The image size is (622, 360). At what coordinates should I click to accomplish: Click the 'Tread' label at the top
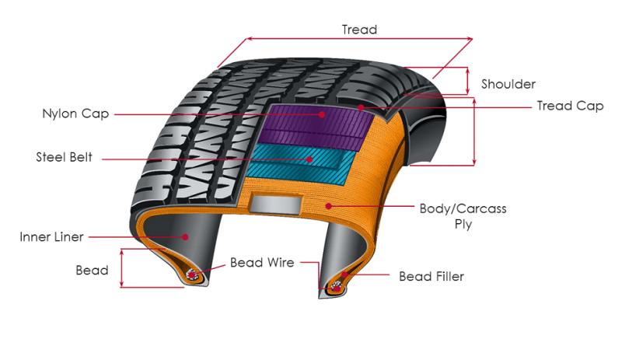tap(359, 30)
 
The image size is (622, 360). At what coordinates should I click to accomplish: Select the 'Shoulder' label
tap(508, 84)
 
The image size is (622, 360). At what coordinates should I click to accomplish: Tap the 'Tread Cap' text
tap(570, 106)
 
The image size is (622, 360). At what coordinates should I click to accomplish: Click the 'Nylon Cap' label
tap(75, 114)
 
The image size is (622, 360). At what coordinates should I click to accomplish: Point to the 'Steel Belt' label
tap(64, 157)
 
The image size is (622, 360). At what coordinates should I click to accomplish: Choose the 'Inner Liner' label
tap(51, 237)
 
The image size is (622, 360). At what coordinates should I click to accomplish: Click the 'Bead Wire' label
tap(262, 262)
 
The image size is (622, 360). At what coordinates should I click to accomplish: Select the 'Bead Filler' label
tap(432, 276)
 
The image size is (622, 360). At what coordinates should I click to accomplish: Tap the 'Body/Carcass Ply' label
tap(463, 216)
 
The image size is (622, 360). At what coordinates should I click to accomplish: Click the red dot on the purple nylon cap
tap(322, 115)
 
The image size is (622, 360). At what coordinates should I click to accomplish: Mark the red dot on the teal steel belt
tap(309, 159)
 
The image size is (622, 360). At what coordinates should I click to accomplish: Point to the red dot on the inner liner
tap(185, 237)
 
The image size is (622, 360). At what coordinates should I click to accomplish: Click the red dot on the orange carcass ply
tap(328, 205)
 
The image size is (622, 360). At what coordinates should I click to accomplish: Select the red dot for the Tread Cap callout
tap(361, 107)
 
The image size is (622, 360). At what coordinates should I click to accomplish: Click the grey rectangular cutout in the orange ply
tap(276, 204)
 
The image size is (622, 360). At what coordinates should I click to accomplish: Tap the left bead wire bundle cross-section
tap(192, 274)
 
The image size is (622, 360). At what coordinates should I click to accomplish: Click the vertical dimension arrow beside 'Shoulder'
tap(468, 81)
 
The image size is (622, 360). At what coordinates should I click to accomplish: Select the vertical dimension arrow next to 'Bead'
tap(122, 268)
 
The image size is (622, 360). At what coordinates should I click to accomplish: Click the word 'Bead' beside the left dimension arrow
tap(92, 271)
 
